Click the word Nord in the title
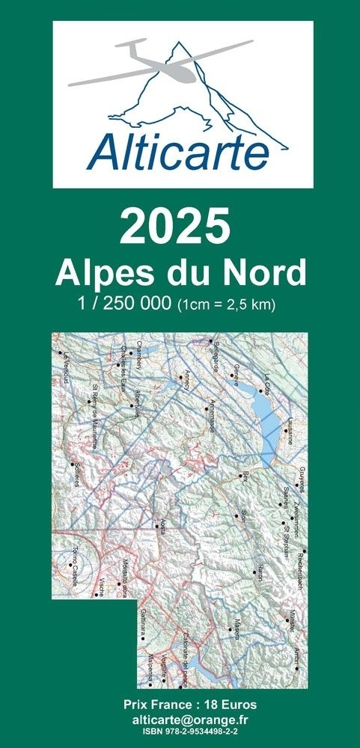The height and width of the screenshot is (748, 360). (266, 272)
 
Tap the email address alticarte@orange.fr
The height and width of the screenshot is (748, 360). (180, 718)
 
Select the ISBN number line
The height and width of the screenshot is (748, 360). (180, 730)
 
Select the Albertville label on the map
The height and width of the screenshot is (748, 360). (139, 400)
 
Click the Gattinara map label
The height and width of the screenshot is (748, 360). (141, 622)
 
